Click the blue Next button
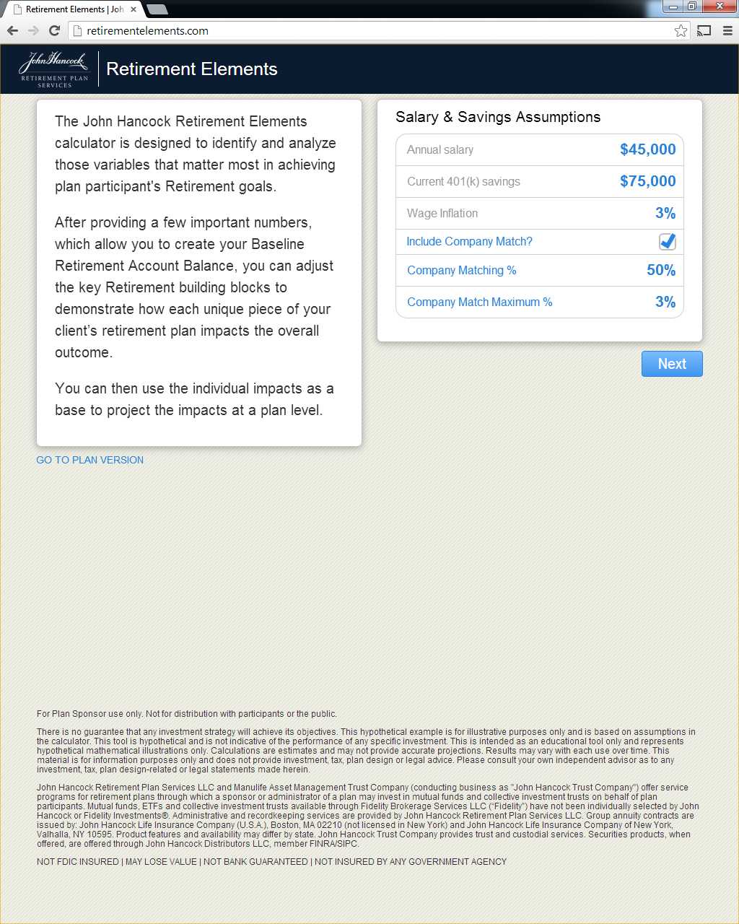pyautogui.click(x=671, y=364)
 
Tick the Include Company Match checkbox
pyautogui.click(x=667, y=242)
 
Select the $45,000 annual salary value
pyautogui.click(x=647, y=149)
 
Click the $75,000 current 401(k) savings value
pyautogui.click(x=647, y=181)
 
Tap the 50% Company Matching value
pyautogui.click(x=660, y=270)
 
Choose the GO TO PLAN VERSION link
pyautogui.click(x=89, y=460)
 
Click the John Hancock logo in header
pyautogui.click(x=53, y=69)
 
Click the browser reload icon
pyautogui.click(x=54, y=30)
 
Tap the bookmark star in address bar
pyautogui.click(x=681, y=30)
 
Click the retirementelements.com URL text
pyautogui.click(x=147, y=31)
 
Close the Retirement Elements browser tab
pyautogui.click(x=134, y=9)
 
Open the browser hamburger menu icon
pyautogui.click(x=727, y=30)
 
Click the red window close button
pyautogui.click(x=719, y=6)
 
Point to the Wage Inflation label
pyautogui.click(x=442, y=213)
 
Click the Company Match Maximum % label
pyautogui.click(x=479, y=302)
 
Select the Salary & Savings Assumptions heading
pyautogui.click(x=498, y=117)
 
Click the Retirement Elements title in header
pyautogui.click(x=191, y=69)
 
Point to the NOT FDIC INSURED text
pyautogui.click(x=78, y=861)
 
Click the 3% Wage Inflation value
pyautogui.click(x=665, y=213)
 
